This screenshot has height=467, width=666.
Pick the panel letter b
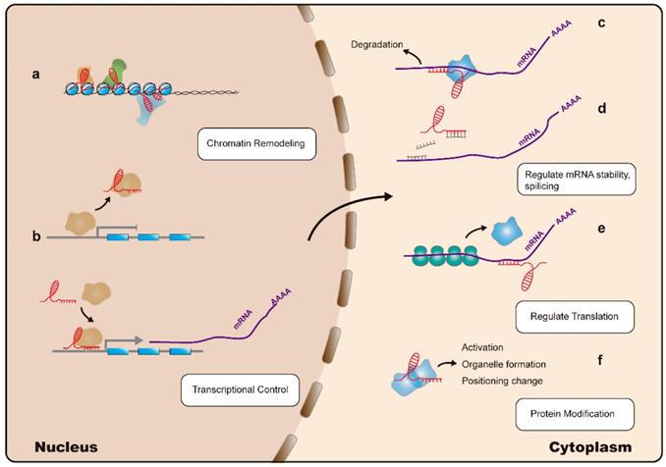pos(35,235)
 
